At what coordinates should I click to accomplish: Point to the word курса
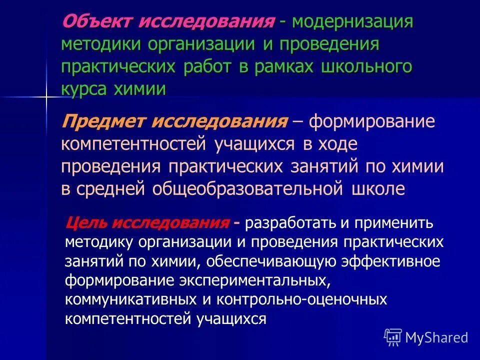click(85, 89)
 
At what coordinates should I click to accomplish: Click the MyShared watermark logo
click(426, 336)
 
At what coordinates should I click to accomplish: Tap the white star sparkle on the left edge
click(45, 95)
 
